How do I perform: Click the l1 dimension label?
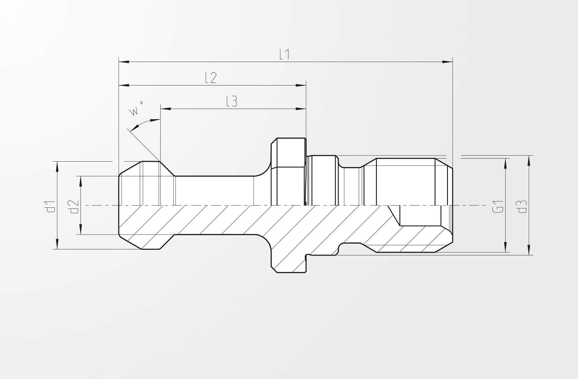(284, 54)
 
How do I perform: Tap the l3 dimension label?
(232, 101)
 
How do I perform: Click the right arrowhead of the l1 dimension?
(448, 62)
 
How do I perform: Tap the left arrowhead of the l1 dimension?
(124, 62)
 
